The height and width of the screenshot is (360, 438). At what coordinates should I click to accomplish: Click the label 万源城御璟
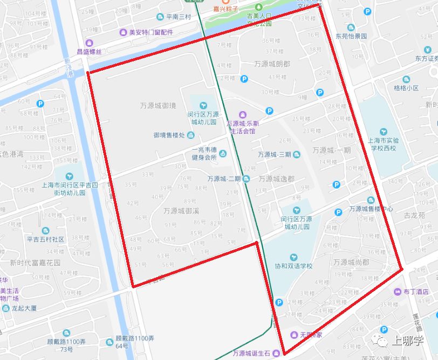158,106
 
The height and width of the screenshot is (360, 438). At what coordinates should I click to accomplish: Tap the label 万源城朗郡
272,64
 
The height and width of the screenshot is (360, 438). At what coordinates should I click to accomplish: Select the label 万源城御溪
182,211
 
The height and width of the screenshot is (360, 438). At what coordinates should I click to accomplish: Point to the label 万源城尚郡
351,262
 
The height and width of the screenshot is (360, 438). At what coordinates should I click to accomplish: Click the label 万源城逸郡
276,178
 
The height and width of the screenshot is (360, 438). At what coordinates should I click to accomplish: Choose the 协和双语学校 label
293,266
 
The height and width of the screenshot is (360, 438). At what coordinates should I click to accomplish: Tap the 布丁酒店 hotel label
415,291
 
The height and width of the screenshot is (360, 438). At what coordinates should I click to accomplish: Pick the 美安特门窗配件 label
150,32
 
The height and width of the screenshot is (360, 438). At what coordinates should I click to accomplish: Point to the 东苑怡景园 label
351,36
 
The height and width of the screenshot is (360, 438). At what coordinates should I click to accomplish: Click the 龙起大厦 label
25,308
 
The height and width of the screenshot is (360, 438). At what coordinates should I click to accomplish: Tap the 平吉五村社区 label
45,239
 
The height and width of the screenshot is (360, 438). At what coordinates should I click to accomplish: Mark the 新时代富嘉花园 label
35,263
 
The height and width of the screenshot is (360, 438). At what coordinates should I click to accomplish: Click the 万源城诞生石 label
252,354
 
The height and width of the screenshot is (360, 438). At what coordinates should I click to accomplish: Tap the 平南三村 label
179,17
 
